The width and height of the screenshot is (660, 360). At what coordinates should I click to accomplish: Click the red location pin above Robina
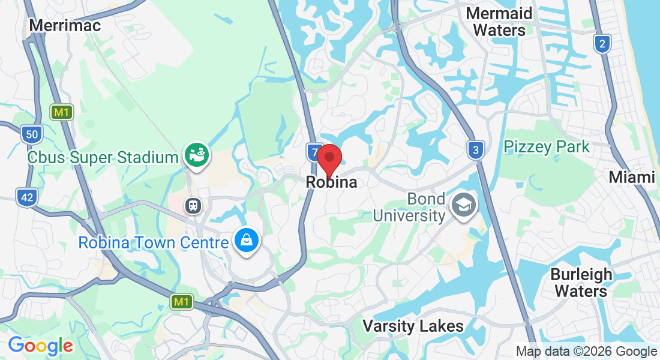pos(329,158)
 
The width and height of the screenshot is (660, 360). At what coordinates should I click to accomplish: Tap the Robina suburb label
pos(331,182)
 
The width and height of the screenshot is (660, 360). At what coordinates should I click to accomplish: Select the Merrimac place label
pos(65,25)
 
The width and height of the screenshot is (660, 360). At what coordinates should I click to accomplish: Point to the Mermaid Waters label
pos(499,22)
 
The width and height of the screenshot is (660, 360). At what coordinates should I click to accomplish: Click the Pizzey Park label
pos(547,146)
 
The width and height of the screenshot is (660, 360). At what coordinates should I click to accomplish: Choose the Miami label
pos(631,178)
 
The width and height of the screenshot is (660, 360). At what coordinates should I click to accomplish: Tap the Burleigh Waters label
pos(581,283)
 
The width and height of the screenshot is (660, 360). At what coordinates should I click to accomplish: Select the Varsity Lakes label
pos(413,326)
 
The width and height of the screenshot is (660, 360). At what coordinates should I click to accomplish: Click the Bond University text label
pos(409,207)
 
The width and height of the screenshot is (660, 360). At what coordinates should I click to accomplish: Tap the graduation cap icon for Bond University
pos(464,206)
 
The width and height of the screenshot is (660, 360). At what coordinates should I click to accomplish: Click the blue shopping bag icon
pos(247,241)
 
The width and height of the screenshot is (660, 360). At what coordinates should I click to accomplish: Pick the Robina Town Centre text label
pos(154,243)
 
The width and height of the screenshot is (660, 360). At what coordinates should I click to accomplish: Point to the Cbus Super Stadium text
pos(103,158)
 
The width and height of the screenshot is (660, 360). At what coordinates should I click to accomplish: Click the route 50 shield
pos(31,134)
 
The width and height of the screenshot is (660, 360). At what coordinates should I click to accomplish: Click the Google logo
pos(40,346)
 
